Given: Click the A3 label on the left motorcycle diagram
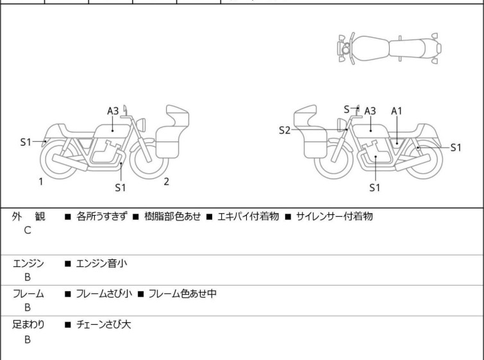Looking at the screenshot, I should click(113, 111).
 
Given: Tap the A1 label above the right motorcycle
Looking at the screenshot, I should click(397, 111).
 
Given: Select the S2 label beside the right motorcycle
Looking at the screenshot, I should click(285, 130).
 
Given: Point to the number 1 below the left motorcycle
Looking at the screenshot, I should click(40, 182).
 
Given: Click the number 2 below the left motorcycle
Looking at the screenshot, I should click(166, 182).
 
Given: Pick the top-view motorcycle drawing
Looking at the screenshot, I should click(390, 47).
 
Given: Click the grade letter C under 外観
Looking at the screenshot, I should click(28, 230).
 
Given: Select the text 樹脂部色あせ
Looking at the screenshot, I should click(171, 217).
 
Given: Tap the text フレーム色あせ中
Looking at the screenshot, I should click(183, 294).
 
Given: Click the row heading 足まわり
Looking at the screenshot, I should click(29, 325).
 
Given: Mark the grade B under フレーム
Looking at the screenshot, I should click(28, 307).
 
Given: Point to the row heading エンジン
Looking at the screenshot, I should click(29, 263).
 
